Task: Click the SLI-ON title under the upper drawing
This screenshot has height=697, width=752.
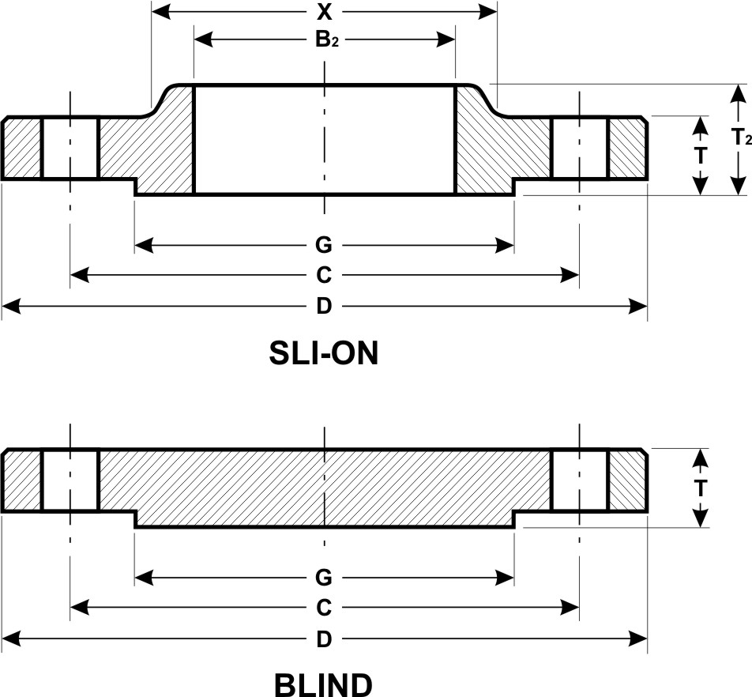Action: coord(325,354)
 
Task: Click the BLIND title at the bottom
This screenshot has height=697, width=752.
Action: coord(324,684)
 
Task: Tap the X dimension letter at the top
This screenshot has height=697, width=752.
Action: coord(324,12)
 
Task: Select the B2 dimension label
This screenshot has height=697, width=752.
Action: coord(325,40)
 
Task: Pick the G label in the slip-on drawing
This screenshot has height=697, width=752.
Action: coord(324,246)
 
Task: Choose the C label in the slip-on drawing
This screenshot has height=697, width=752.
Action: coord(324,275)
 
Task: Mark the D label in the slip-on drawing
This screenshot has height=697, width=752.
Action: coord(324,307)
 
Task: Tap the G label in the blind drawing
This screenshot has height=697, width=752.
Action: coord(324,578)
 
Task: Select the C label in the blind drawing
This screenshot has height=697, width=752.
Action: coord(324,608)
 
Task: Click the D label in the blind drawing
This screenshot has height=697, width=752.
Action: coord(324,639)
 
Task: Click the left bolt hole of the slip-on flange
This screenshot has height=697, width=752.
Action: coord(70,149)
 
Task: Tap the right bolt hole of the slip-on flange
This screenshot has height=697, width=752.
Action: coord(579,149)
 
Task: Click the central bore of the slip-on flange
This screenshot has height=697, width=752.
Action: coord(324,138)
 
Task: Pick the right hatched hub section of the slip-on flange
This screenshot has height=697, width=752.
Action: coord(494,150)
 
